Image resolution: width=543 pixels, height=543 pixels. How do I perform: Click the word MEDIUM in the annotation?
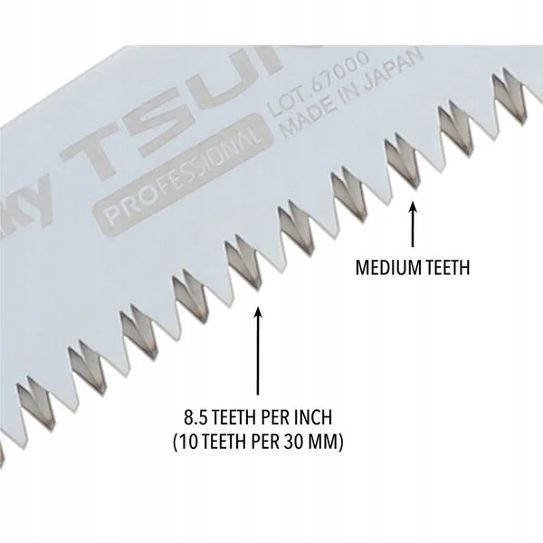coord(384,268)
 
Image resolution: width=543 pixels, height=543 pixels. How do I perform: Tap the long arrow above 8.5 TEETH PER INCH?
coord(259,353)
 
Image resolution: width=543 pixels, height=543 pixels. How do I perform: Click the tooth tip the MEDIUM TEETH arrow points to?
coord(413,189)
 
